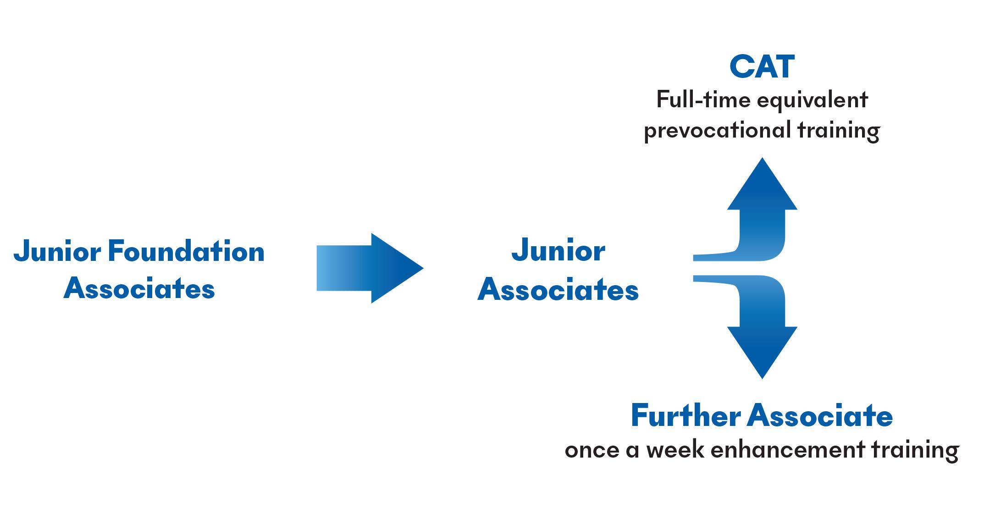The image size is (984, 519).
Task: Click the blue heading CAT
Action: tap(762, 67)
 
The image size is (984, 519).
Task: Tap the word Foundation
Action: tap(186, 252)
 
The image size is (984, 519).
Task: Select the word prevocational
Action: tap(717, 131)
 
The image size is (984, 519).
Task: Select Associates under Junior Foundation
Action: tap(139, 289)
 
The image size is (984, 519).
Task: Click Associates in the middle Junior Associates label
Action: tap(558, 290)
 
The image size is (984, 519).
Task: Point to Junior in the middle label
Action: tap(558, 252)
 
